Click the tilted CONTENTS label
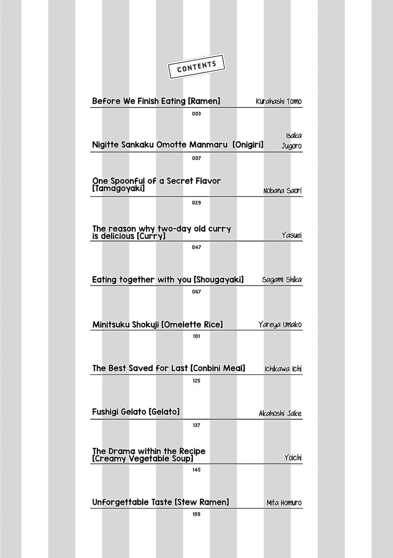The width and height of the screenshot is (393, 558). click(x=196, y=67)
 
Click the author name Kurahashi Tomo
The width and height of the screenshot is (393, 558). click(x=278, y=102)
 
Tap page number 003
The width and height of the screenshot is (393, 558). click(x=196, y=114)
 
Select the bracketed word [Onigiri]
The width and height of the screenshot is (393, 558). click(x=248, y=145)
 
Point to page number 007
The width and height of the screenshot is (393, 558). click(x=196, y=158)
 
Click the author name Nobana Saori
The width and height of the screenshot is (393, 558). click(x=282, y=191)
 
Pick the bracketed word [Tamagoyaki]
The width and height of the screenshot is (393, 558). click(x=118, y=189)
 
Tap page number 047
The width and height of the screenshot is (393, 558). click(x=196, y=247)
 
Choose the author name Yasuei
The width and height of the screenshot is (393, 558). click(x=291, y=235)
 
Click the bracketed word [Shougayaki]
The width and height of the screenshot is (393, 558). click(x=219, y=280)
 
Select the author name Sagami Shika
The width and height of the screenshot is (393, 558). click(x=281, y=280)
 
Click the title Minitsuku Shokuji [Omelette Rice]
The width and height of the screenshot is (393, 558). click(x=157, y=325)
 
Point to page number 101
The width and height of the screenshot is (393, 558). click(x=196, y=336)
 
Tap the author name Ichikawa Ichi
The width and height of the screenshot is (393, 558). click(x=283, y=369)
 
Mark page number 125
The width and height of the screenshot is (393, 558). click(x=196, y=381)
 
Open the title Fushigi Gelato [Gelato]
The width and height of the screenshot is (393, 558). click(x=136, y=412)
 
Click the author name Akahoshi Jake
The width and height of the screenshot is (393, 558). click(x=280, y=414)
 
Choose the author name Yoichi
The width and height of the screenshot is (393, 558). click(x=293, y=458)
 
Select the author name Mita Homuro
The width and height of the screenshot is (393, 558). click(x=284, y=503)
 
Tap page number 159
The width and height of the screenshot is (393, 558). click(x=196, y=515)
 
